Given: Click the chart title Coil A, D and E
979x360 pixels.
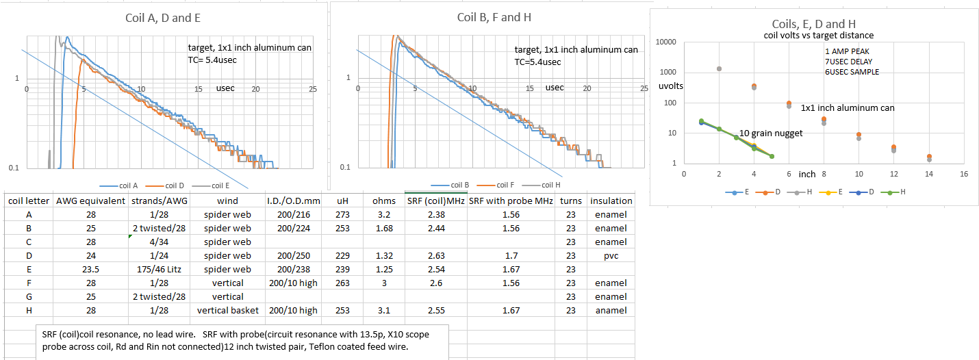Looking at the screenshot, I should click(165, 18).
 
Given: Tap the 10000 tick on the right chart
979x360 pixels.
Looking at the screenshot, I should click(665, 42).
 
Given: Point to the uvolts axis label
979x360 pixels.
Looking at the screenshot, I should click(670, 86).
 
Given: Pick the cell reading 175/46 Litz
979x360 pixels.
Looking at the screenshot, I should click(158, 269).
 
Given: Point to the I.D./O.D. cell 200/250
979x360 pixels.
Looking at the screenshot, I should click(290, 255).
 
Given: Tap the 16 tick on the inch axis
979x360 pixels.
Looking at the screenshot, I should click(963, 175).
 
